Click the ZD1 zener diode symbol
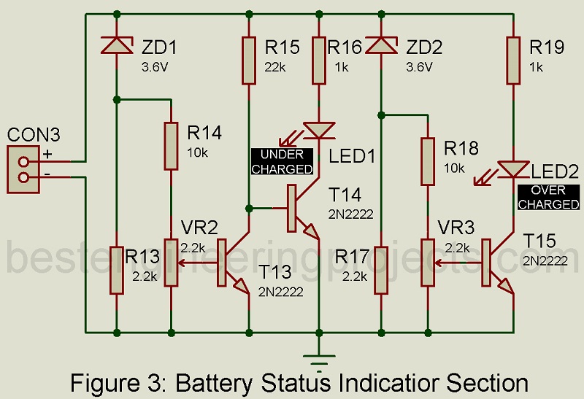click(116, 45)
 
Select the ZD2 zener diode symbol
click(380, 45)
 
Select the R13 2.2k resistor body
click(116, 270)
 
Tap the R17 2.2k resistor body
click(380, 270)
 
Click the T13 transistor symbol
click(232, 266)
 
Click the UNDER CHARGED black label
click(282, 162)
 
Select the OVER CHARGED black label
click(547, 197)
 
